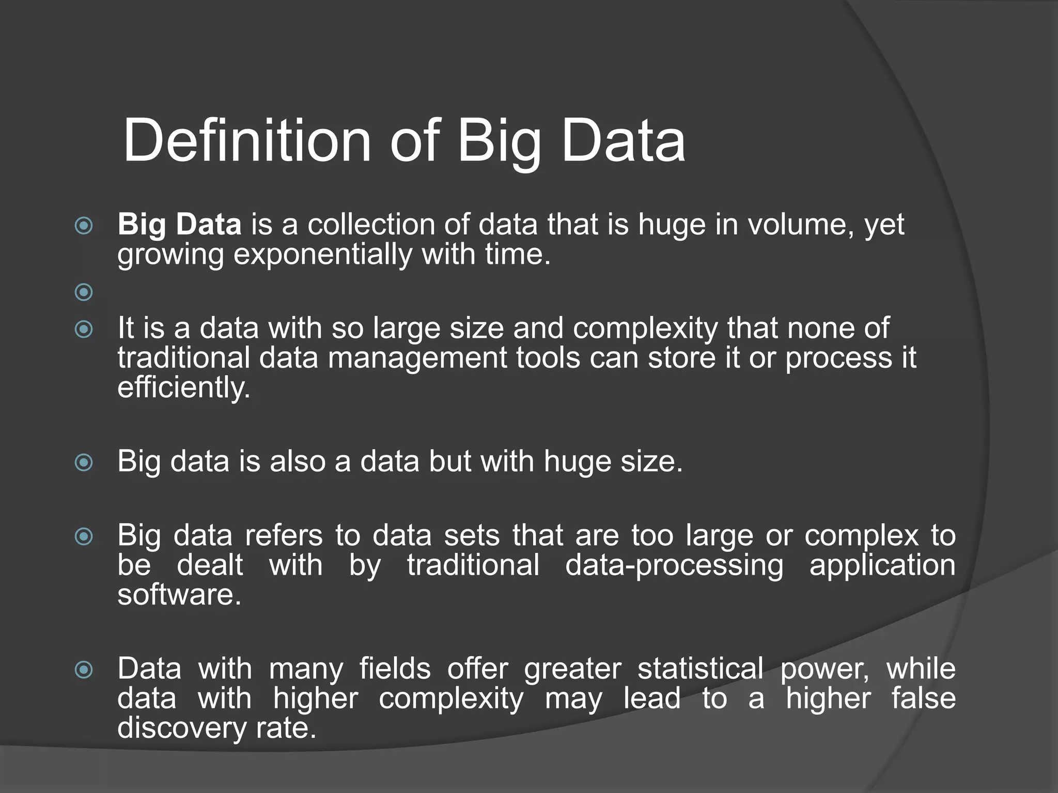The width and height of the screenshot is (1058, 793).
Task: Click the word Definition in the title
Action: (247, 141)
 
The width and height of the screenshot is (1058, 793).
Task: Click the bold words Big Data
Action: (179, 225)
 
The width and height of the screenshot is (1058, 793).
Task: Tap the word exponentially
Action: (322, 255)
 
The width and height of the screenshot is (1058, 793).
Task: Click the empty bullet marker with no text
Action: (84, 292)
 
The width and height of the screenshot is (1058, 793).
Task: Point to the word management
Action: (417, 358)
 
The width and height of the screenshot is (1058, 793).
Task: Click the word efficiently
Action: (183, 388)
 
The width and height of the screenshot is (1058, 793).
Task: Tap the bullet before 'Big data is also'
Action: (84, 462)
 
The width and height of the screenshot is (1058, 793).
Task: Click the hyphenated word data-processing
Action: (674, 565)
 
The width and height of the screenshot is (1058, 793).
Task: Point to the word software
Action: (179, 595)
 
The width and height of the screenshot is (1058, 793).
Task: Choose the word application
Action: (882, 565)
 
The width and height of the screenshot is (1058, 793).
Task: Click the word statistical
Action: (701, 669)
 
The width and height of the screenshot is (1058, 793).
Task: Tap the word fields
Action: (395, 669)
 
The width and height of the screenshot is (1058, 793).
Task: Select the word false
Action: (923, 699)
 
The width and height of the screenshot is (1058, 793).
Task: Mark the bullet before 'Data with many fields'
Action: (84, 670)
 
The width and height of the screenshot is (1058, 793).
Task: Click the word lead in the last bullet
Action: (652, 699)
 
